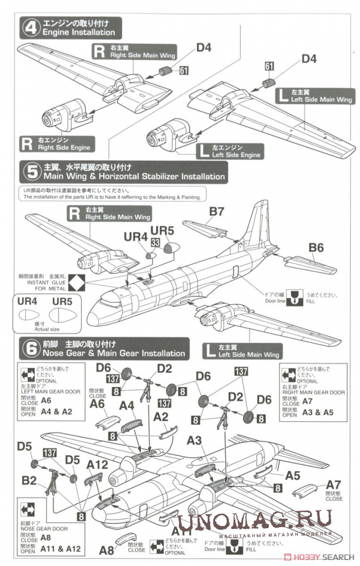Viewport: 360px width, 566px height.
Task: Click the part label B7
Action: click(x=217, y=211)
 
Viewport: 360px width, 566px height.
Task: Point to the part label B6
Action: click(x=316, y=247)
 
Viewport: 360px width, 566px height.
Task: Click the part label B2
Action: click(x=30, y=480)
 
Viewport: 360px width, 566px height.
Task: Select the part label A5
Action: click(x=293, y=475)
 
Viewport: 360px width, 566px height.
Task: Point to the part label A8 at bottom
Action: click(x=107, y=550)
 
